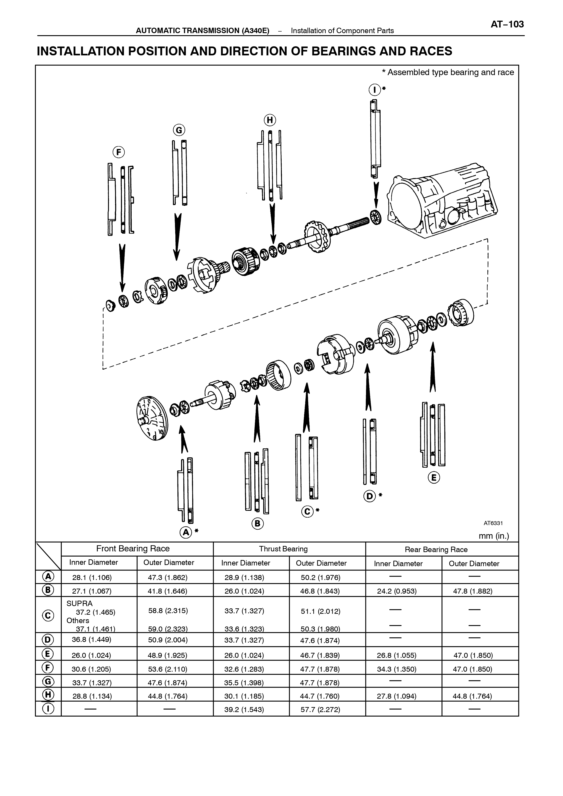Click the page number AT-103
click(507, 25)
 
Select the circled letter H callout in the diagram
click(269, 120)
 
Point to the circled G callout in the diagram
click(179, 130)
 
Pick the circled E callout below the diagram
click(434, 478)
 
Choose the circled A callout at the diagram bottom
click(186, 532)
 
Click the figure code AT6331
click(493, 523)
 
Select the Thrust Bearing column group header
click(283, 549)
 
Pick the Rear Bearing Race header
click(436, 550)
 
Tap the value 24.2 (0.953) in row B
click(397, 591)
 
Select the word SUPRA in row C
click(79, 604)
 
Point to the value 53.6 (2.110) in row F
click(168, 669)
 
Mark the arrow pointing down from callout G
click(177, 237)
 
